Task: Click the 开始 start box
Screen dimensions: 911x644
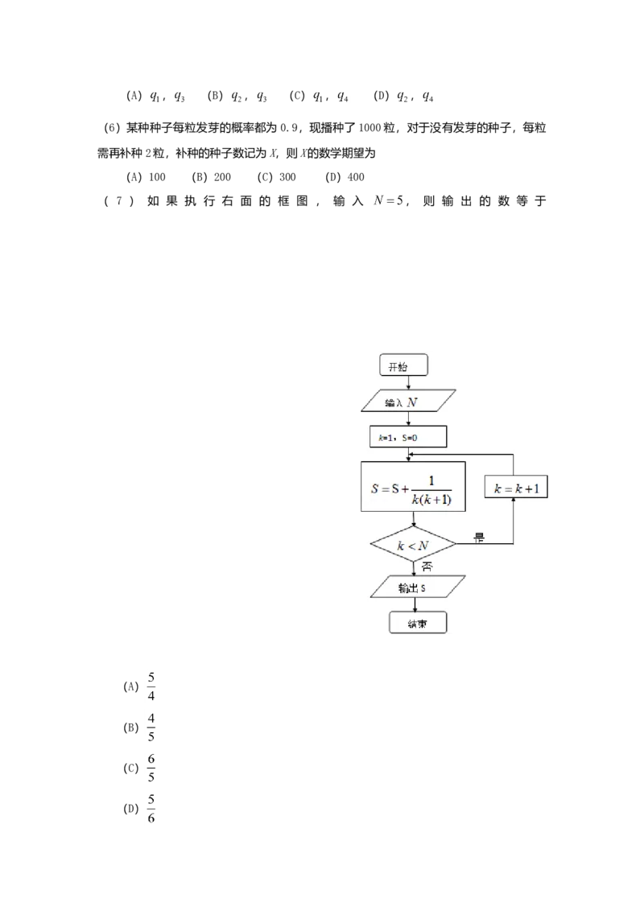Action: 403,366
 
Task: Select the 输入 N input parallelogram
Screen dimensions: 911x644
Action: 409,401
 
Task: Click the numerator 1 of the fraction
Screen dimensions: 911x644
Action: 431,481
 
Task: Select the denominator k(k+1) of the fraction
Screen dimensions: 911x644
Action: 431,500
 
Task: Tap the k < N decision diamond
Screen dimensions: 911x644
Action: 412,546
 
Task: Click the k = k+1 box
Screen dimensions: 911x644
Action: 515,488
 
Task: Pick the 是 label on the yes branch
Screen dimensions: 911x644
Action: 479,538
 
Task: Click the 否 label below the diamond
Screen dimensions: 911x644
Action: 426,567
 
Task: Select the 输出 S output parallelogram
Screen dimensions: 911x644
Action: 412,587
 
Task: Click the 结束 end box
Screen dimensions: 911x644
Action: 417,624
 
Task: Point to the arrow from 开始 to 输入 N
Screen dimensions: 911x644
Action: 409,383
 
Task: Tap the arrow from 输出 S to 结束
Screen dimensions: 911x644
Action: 415,605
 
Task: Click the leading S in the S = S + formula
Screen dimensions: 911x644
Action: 375,488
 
